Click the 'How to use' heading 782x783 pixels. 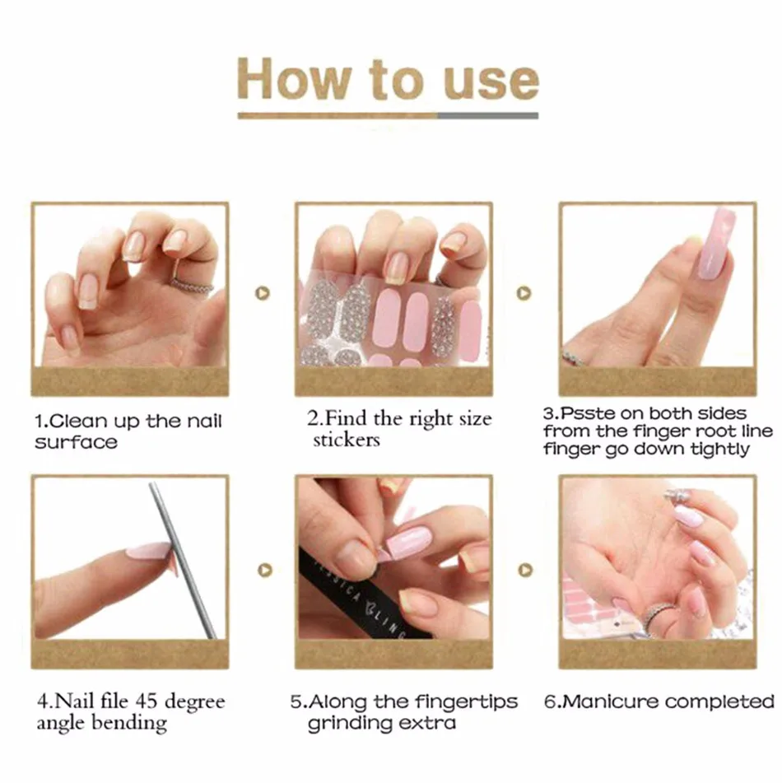(388, 79)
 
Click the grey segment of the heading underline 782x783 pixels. (487, 116)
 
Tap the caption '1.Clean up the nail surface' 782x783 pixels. (128, 431)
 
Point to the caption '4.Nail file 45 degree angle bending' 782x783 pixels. (130, 712)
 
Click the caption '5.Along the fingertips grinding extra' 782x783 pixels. (404, 712)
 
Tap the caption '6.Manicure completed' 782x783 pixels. (659, 701)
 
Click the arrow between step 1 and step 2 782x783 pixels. (263, 292)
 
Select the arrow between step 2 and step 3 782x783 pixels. (524, 292)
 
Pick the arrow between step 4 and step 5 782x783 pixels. (263, 569)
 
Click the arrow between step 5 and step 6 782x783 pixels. (525, 569)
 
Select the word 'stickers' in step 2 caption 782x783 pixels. (346, 440)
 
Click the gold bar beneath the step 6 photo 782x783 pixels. (656, 655)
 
